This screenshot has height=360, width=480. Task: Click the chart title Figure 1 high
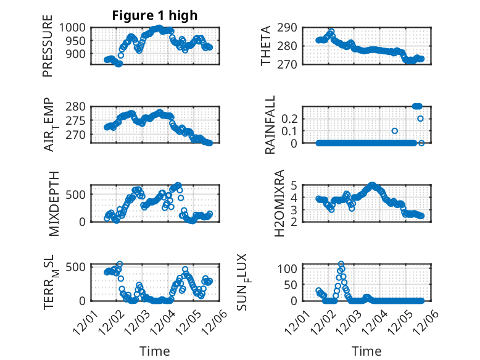(154, 15)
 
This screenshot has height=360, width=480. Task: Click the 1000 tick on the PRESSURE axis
(76, 27)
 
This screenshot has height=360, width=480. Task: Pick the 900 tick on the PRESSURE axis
(79, 54)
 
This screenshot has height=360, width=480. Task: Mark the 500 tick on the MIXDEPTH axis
(79, 195)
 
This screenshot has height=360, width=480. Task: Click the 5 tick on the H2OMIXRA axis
(295, 185)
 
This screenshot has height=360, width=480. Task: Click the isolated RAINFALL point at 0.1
(394, 131)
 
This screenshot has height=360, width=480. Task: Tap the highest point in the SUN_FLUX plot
(341, 264)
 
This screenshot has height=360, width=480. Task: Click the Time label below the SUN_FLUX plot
(366, 351)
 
